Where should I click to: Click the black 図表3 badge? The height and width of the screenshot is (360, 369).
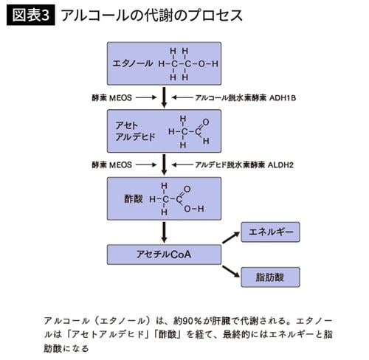(32, 15)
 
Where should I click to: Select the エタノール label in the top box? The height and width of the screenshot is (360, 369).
(131, 63)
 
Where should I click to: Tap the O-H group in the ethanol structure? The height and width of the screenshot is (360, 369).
(210, 63)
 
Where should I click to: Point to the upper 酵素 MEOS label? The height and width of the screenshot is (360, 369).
(112, 97)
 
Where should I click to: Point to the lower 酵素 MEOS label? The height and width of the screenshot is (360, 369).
(112, 163)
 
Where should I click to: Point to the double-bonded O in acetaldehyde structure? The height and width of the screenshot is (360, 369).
(204, 121)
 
